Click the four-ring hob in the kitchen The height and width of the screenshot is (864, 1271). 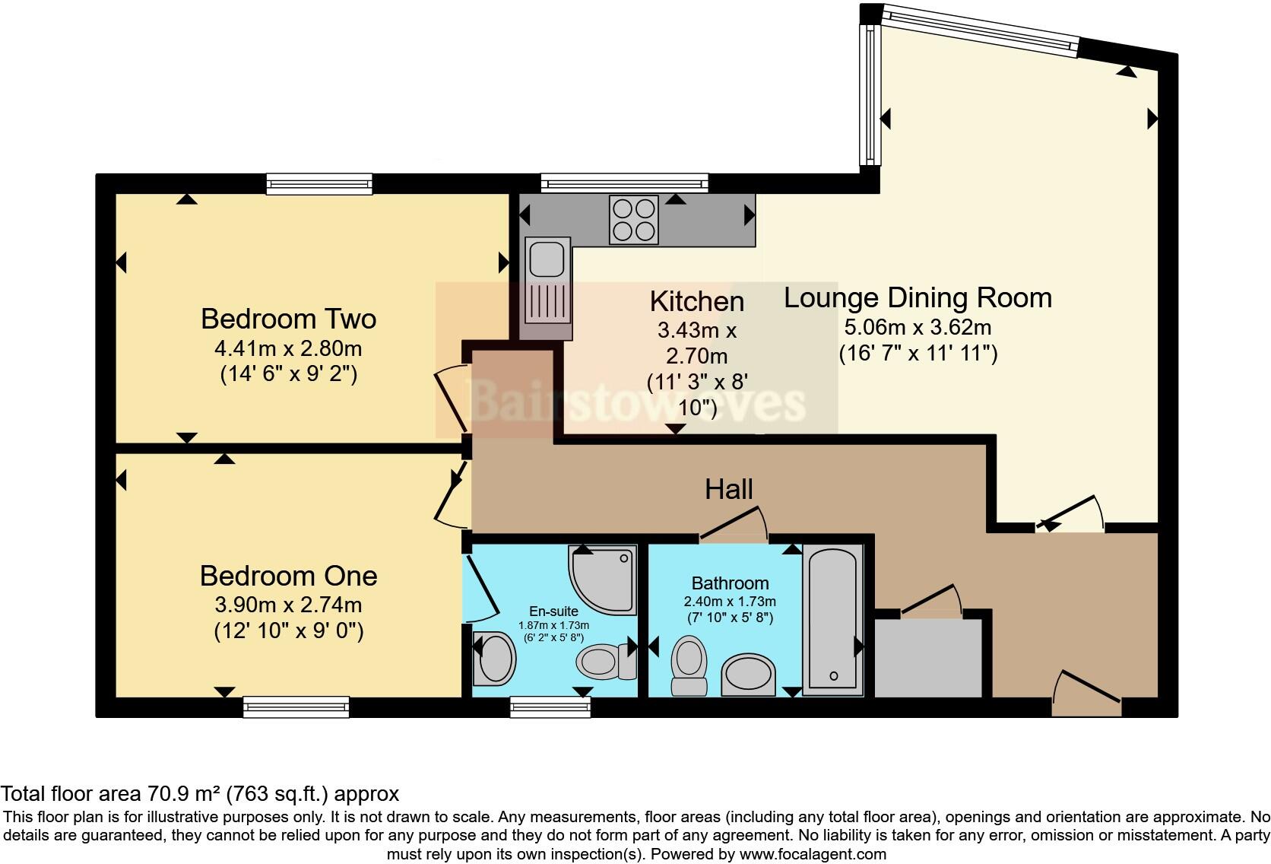tap(634, 219)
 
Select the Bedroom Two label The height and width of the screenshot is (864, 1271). tap(288, 319)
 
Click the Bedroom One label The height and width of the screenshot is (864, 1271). tap(288, 576)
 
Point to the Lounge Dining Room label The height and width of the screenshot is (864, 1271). tap(918, 297)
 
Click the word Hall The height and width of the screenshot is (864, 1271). tap(728, 489)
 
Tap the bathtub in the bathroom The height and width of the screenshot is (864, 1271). tap(832, 621)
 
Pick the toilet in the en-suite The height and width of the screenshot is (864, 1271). tap(605, 661)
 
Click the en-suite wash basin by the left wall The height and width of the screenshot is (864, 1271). tap(494, 657)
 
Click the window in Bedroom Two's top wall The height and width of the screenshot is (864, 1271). tap(319, 183)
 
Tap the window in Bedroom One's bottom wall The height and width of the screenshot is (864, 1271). tap(296, 707)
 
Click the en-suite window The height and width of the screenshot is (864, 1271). tap(550, 707)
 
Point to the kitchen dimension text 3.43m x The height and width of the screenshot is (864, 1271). tap(696, 331)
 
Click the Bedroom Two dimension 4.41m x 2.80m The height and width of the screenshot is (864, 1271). tap(288, 349)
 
